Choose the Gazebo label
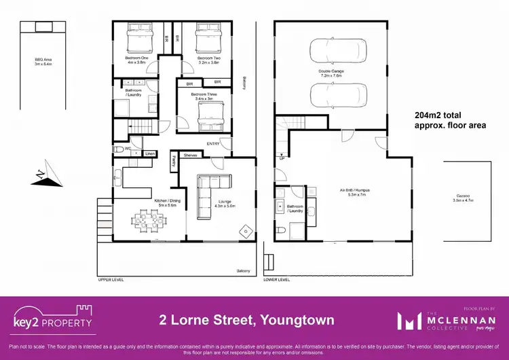pyautogui.click(x=464, y=199)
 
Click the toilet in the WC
pyautogui.click(x=119, y=148)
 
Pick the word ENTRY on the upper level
pyautogui.click(x=213, y=143)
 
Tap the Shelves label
pyautogui.click(x=190, y=155)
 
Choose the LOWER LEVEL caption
pyautogui.click(x=276, y=279)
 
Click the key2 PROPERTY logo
pyautogui.click(x=52, y=319)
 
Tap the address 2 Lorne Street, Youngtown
pyautogui.click(x=237, y=319)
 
